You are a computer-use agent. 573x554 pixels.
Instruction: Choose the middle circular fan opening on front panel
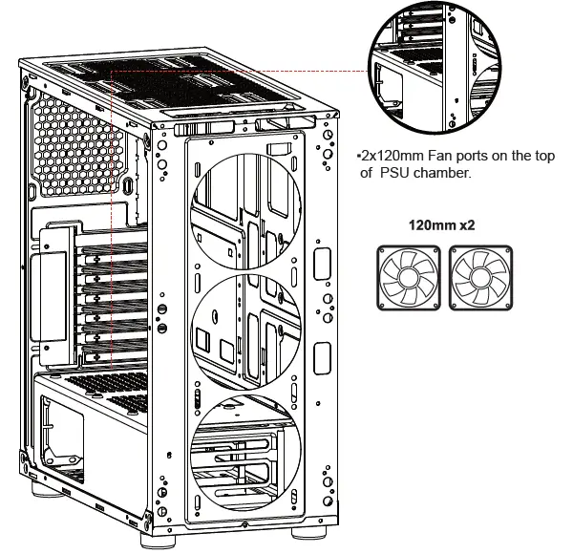(247, 324)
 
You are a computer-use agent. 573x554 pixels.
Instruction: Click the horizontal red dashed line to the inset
(239, 70)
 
